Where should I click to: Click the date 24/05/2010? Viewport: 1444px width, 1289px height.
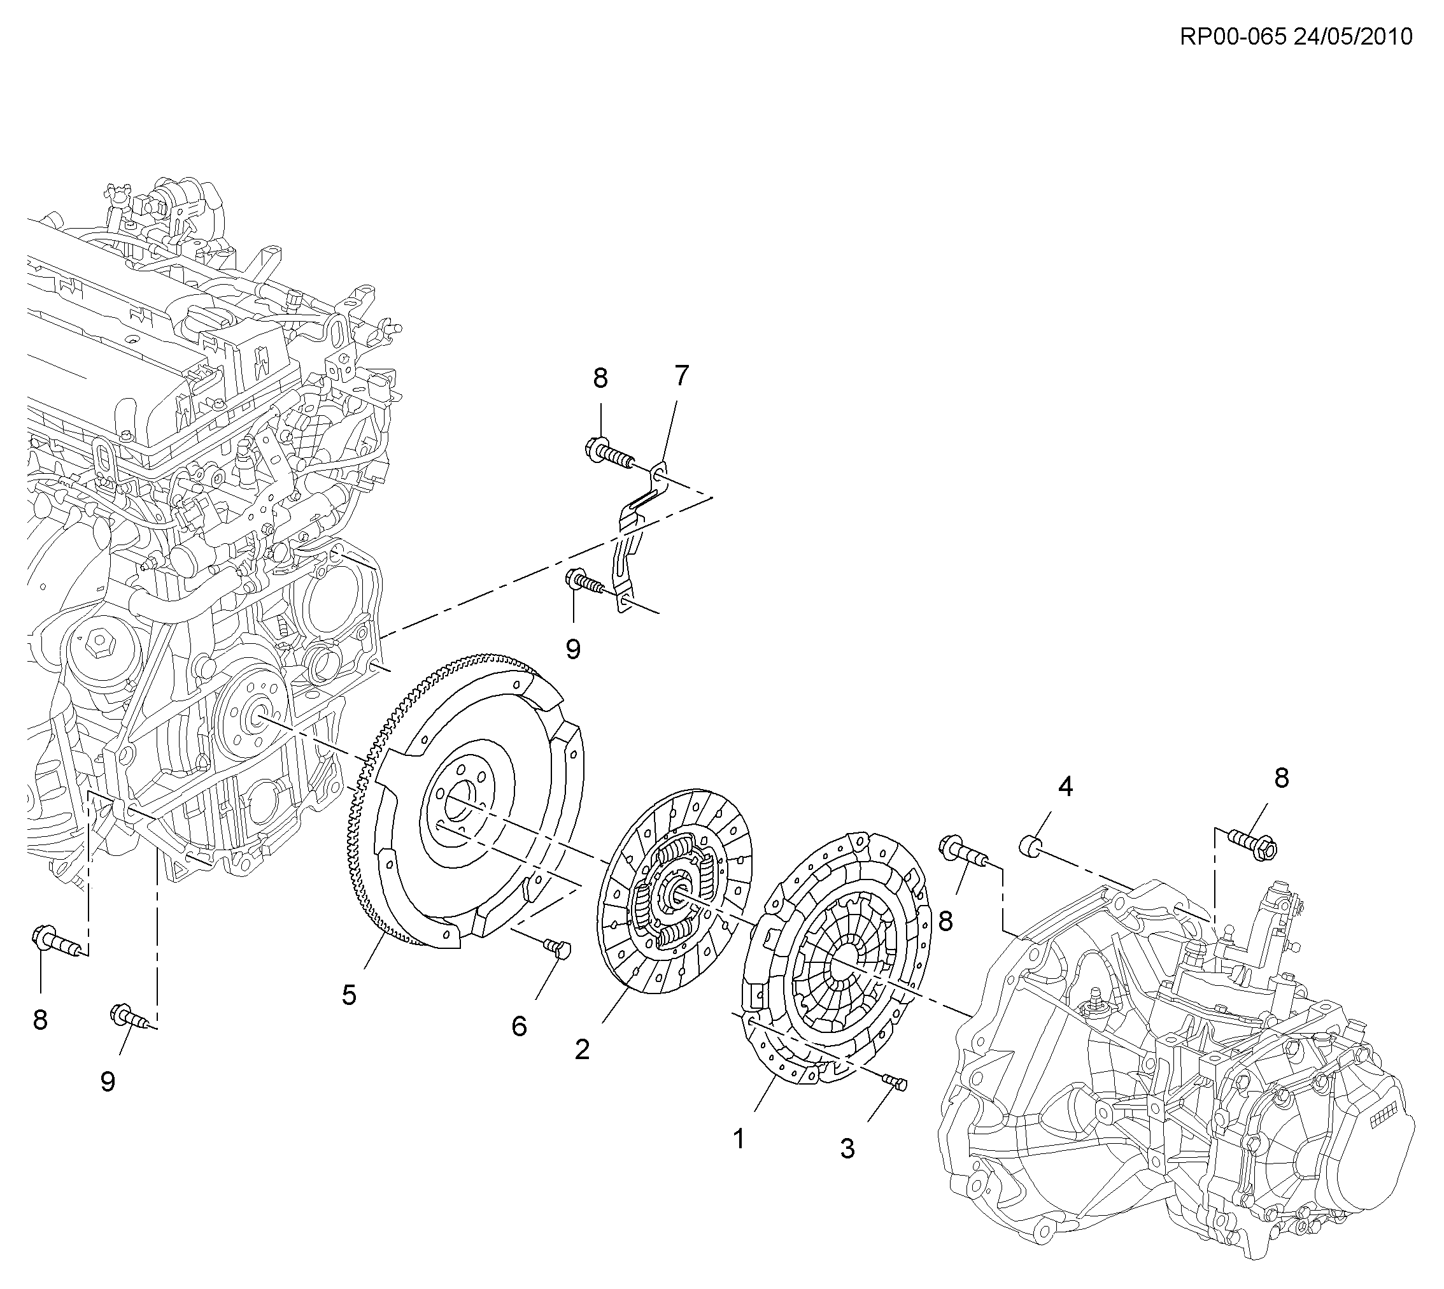pos(1353,36)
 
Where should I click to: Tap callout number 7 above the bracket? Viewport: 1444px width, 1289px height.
pos(681,376)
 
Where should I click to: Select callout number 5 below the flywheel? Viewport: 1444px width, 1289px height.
pos(349,995)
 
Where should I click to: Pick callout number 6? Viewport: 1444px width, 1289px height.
pos(519,1026)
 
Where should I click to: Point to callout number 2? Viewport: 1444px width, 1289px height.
pos(582,1050)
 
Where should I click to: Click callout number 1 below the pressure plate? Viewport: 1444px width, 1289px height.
pos(739,1139)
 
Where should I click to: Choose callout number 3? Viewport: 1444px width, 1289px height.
pos(847,1149)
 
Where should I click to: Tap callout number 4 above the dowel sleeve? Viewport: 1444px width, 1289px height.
pos(1066,786)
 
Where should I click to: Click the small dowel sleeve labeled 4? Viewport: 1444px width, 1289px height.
pos(1030,845)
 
